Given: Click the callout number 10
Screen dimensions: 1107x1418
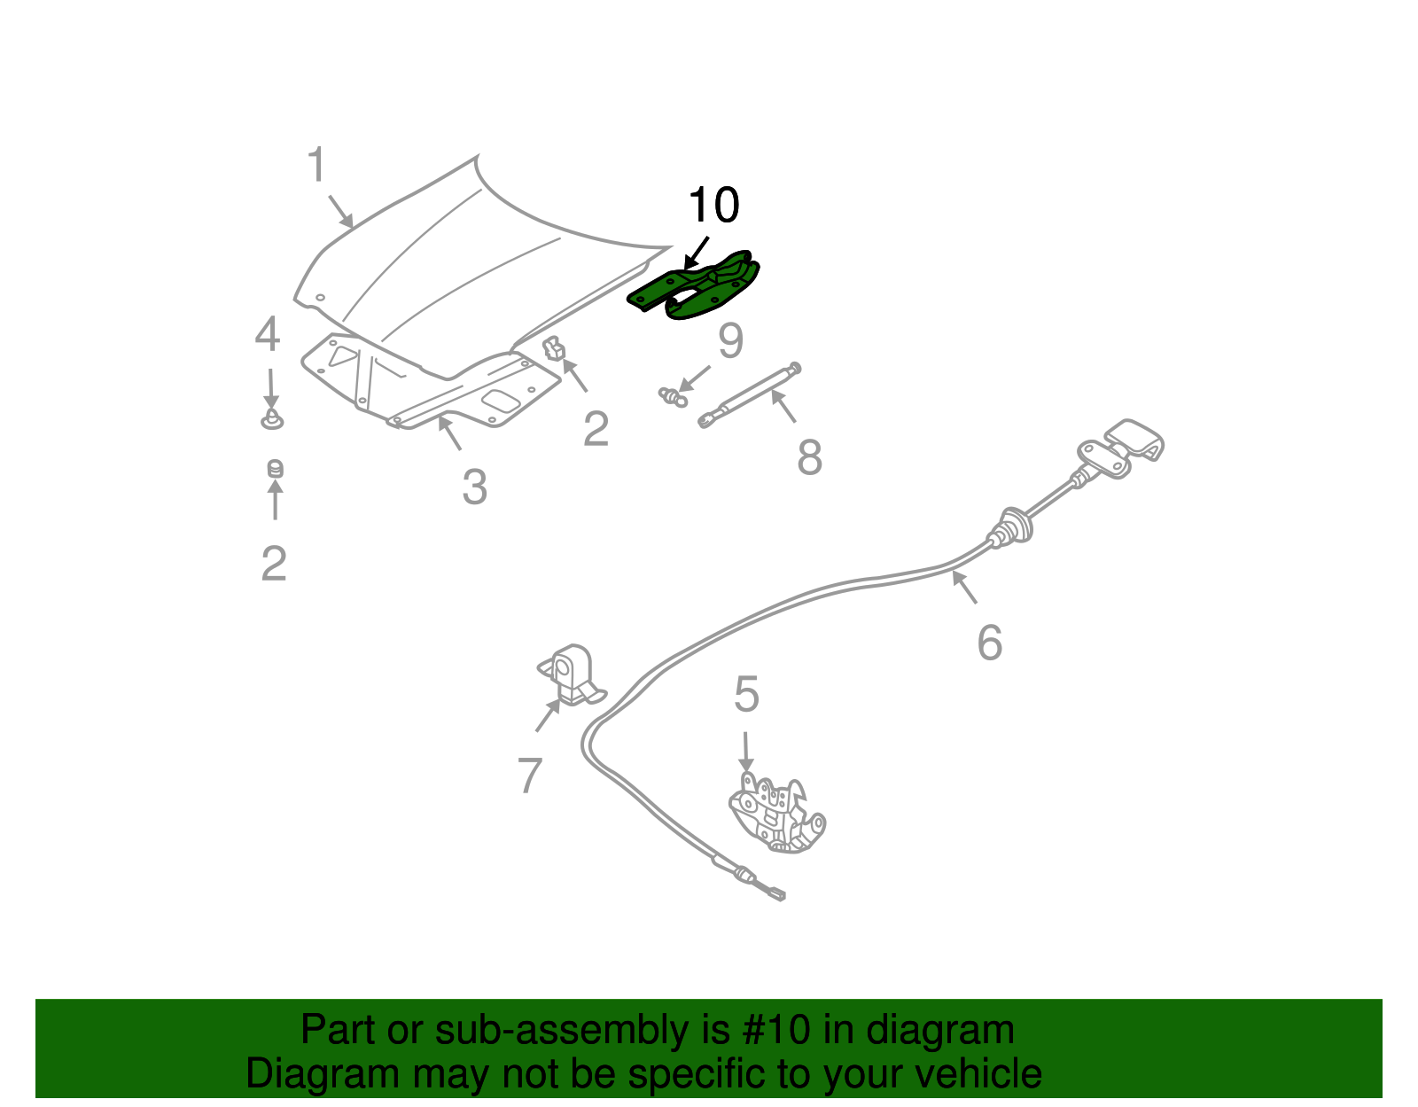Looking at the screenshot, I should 713,206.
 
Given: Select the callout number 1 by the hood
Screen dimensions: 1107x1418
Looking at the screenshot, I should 317,166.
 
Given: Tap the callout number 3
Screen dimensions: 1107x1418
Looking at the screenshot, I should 474,487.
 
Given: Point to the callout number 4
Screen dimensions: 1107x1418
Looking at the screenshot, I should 268,335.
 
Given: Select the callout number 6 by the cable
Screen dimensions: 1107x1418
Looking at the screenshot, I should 989,643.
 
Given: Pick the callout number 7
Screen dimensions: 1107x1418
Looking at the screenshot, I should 529,776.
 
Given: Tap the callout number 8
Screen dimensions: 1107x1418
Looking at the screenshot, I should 809,458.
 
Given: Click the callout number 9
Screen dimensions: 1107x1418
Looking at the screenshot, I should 730,341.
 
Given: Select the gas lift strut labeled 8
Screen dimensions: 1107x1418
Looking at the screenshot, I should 750,394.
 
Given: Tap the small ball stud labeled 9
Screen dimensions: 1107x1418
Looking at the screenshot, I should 674,396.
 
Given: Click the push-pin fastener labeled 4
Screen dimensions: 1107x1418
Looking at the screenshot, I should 272,419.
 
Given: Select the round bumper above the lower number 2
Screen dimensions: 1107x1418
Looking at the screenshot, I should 275,468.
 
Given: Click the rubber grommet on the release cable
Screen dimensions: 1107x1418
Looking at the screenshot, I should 1010,527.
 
